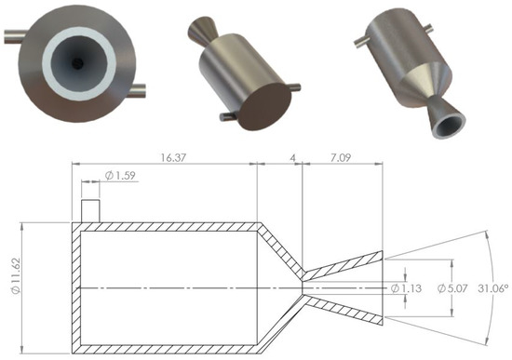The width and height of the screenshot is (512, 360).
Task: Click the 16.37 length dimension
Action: pos(173,158)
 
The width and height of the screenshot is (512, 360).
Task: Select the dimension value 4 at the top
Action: pos(293,158)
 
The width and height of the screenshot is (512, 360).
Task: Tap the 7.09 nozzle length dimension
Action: pos(340,158)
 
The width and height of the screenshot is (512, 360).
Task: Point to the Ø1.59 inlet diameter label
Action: pos(120,176)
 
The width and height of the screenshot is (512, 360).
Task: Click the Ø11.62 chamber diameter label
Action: pos(17,275)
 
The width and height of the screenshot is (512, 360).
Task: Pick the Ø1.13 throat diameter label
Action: pos(406,288)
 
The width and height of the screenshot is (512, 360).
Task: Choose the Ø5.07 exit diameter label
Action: pos(452,288)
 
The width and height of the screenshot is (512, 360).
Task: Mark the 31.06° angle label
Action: pos(493,288)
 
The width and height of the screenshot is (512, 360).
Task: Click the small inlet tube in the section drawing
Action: pos(90,211)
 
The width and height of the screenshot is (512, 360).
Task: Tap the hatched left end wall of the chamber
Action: pos(76,287)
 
